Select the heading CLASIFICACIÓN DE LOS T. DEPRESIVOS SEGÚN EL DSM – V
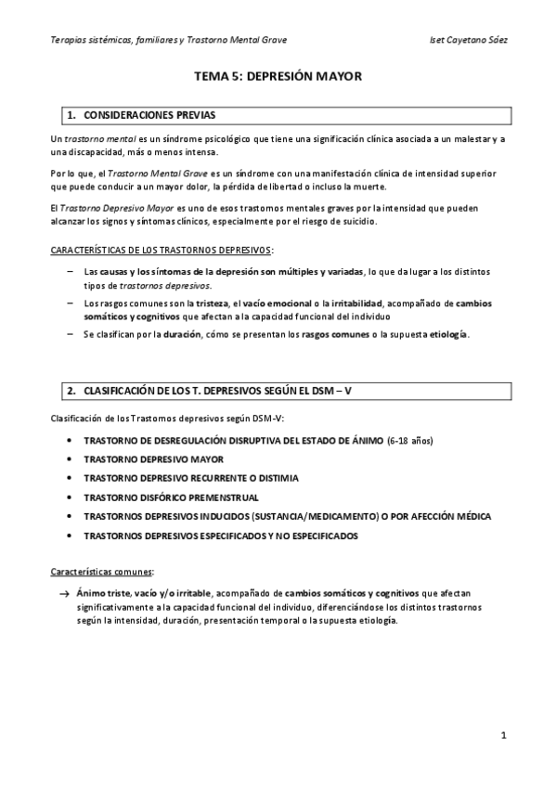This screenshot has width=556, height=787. point(217,391)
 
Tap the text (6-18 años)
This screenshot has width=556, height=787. point(409,440)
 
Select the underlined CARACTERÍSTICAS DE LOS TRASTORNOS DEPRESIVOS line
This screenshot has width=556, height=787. point(162,251)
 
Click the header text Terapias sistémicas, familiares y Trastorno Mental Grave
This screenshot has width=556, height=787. point(168,40)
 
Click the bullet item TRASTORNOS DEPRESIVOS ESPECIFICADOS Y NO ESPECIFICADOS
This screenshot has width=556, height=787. point(220,536)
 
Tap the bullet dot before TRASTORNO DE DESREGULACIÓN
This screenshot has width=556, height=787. point(71,440)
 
